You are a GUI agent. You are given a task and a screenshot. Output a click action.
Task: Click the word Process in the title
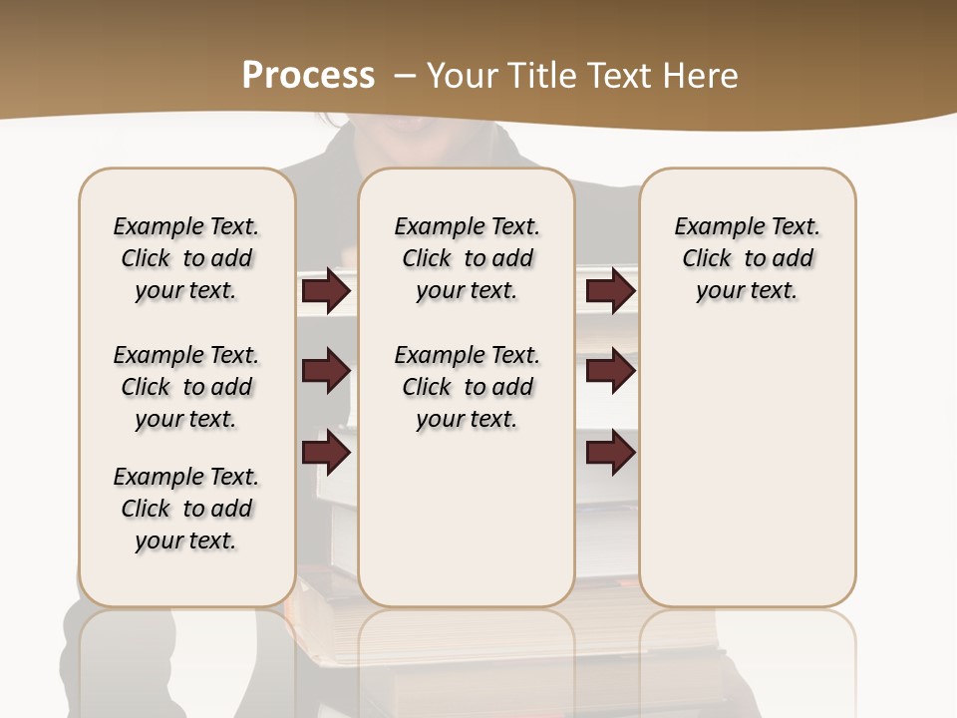(x=308, y=75)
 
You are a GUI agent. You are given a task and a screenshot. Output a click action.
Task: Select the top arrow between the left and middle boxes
(x=326, y=290)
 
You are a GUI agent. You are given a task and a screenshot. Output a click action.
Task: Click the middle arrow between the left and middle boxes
(x=326, y=371)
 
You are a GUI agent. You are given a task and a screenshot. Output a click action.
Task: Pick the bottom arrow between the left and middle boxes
(x=326, y=453)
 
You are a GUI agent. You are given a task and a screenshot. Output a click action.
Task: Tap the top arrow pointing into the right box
(x=610, y=290)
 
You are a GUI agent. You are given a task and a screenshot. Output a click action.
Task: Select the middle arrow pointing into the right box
(x=610, y=371)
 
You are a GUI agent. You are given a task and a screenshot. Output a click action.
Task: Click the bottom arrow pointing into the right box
(x=610, y=453)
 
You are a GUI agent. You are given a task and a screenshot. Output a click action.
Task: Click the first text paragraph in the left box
(x=186, y=258)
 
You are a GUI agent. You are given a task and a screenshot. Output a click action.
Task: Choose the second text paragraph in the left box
(x=186, y=387)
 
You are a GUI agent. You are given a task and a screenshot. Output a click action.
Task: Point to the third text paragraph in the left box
(x=186, y=509)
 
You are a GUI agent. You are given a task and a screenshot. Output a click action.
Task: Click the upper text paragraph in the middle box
(x=467, y=258)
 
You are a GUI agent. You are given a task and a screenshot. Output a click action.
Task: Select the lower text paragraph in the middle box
(x=467, y=387)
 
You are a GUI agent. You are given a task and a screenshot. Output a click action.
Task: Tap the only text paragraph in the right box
(x=747, y=258)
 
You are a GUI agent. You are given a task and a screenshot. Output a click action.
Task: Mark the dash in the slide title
(x=405, y=75)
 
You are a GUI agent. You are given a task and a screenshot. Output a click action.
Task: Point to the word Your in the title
(x=464, y=75)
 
